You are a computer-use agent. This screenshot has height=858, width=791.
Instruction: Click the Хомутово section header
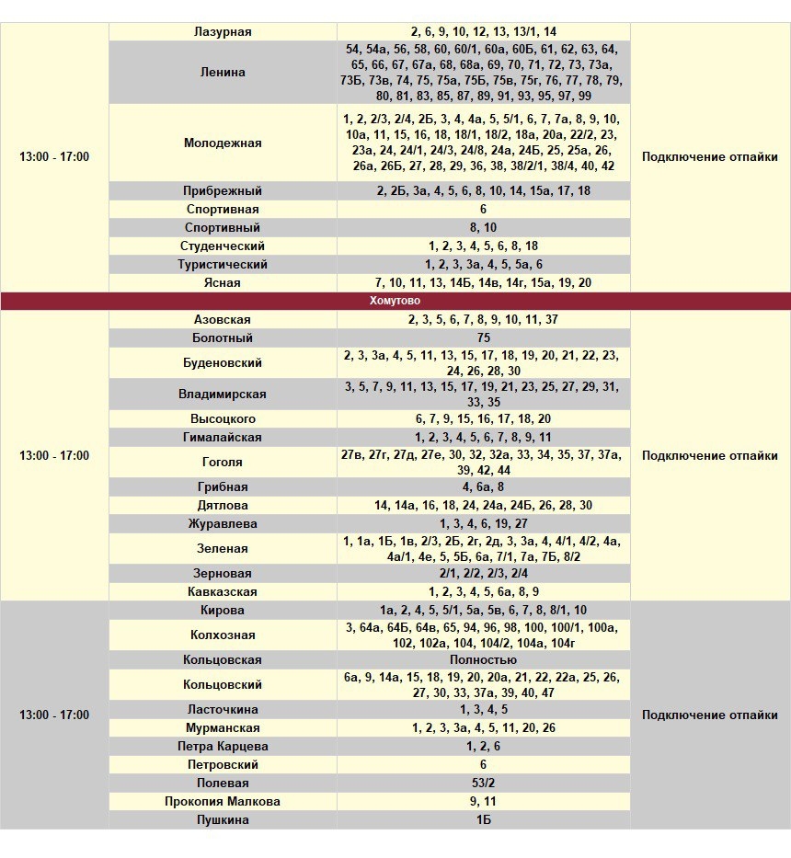395,301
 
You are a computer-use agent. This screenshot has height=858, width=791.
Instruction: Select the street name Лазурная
223,31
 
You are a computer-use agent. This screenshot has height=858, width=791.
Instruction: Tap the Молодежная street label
223,143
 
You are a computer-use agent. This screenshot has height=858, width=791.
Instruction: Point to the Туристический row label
223,264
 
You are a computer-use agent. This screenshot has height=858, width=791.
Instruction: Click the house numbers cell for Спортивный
483,227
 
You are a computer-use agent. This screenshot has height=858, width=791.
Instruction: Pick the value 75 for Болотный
483,337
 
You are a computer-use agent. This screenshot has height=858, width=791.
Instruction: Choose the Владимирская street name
223,394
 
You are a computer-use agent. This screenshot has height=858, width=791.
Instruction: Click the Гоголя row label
223,462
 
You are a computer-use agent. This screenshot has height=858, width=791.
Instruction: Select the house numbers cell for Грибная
483,486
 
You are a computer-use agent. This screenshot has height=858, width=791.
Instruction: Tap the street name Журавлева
223,523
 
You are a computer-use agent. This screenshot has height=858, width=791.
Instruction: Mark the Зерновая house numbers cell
483,573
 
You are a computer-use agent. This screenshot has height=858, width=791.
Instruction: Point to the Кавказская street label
223,591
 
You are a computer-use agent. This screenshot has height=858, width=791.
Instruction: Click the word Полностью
483,659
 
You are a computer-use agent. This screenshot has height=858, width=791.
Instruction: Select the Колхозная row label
223,635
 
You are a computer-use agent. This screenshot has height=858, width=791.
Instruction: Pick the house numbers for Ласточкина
483,709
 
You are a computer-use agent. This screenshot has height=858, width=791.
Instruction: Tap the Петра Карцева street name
223,746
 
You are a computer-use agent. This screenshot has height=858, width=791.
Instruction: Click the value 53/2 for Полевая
483,783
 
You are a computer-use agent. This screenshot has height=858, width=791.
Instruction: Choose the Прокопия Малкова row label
223,801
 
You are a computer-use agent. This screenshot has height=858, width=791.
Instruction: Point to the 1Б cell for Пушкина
483,819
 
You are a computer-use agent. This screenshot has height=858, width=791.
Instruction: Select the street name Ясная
223,282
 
